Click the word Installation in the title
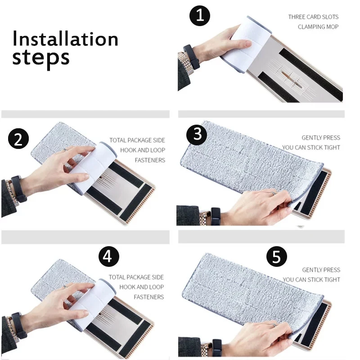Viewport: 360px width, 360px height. click(x=65, y=39)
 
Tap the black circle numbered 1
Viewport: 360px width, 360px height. click(x=200, y=16)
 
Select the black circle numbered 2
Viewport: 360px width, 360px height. click(x=18, y=139)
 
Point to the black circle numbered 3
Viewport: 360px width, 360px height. click(x=197, y=135)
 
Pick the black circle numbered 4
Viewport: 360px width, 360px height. click(x=109, y=256)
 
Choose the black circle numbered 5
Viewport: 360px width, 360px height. click(x=277, y=256)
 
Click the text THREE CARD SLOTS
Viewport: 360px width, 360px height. click(x=313, y=17)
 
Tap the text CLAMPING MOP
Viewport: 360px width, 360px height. click(x=318, y=27)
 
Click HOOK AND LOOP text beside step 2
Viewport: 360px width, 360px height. click(x=143, y=150)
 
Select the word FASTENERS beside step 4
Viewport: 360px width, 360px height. click(x=149, y=297)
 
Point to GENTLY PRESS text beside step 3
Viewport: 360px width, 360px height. click(x=321, y=138)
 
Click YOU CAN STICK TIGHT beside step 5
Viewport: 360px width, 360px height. click(x=311, y=279)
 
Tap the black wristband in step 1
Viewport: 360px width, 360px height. click(x=192, y=57)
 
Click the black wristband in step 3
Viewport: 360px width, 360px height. click(x=216, y=216)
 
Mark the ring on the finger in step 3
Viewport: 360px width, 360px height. click(x=273, y=193)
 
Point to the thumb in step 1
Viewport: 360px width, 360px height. click(x=239, y=44)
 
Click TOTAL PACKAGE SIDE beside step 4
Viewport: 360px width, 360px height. click(x=136, y=277)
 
